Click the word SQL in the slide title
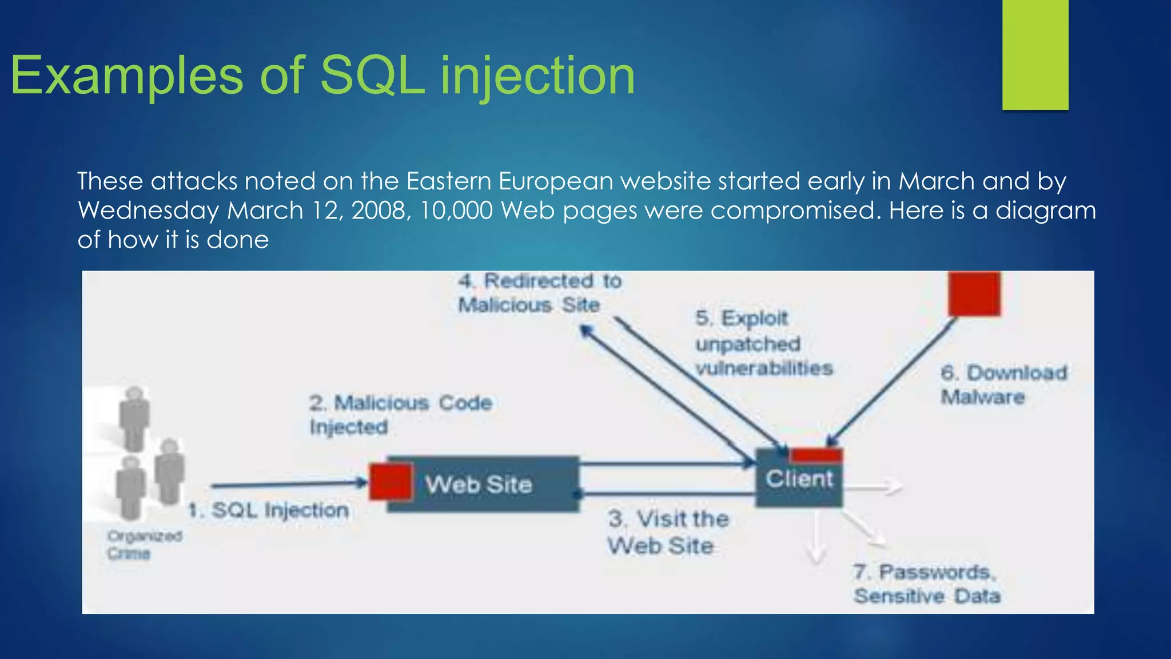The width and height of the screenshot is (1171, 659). click(x=372, y=76)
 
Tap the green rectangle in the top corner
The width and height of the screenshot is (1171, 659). click(x=1035, y=54)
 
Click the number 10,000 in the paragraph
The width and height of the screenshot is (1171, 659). click(x=456, y=211)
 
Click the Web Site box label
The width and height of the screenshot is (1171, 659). click(x=479, y=485)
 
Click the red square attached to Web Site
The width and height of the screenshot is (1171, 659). click(x=391, y=482)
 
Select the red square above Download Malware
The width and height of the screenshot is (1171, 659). click(x=974, y=293)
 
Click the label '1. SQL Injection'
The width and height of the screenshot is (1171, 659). click(x=269, y=510)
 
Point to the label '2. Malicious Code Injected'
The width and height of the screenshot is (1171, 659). click(x=400, y=415)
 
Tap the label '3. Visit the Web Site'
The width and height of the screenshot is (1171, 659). click(x=668, y=532)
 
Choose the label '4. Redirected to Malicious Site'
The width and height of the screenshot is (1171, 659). click(x=539, y=293)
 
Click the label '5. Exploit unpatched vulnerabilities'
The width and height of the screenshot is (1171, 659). click(x=764, y=343)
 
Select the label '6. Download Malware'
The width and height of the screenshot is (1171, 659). click(x=1003, y=384)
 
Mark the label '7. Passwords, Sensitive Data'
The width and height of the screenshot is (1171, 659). click(x=926, y=583)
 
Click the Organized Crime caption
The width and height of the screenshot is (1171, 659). click(x=144, y=545)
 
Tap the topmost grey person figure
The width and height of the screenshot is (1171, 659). click(x=134, y=418)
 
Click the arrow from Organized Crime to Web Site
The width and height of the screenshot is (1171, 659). click(x=289, y=485)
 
